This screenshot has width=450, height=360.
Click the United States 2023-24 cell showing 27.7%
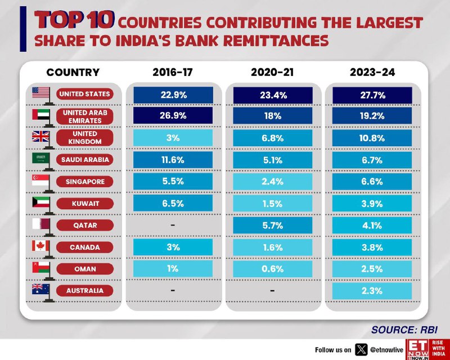point(372,95)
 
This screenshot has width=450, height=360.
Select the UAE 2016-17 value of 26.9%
point(173,115)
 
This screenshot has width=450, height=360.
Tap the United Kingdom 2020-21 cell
point(273,138)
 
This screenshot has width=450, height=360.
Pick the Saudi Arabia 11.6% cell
point(173,160)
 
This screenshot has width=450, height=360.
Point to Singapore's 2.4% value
point(273,182)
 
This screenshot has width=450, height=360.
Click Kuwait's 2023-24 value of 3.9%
point(372,204)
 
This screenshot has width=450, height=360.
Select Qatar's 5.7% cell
point(273,226)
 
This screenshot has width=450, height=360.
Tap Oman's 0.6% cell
point(273,269)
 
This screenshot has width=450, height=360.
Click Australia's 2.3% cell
point(372,291)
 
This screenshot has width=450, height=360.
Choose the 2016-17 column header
point(173,72)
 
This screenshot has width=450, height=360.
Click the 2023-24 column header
point(372,72)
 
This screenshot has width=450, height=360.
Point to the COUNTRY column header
point(73,72)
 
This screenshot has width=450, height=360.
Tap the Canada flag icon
point(40,246)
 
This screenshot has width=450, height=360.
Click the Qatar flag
point(41,224)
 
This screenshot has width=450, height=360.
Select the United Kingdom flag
point(40,136)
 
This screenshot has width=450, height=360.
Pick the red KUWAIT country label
point(85,204)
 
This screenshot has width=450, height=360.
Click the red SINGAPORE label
point(85,182)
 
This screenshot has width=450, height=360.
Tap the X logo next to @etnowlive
point(361,350)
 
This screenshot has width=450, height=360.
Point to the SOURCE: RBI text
point(404,330)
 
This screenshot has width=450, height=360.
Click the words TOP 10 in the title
point(74,20)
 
